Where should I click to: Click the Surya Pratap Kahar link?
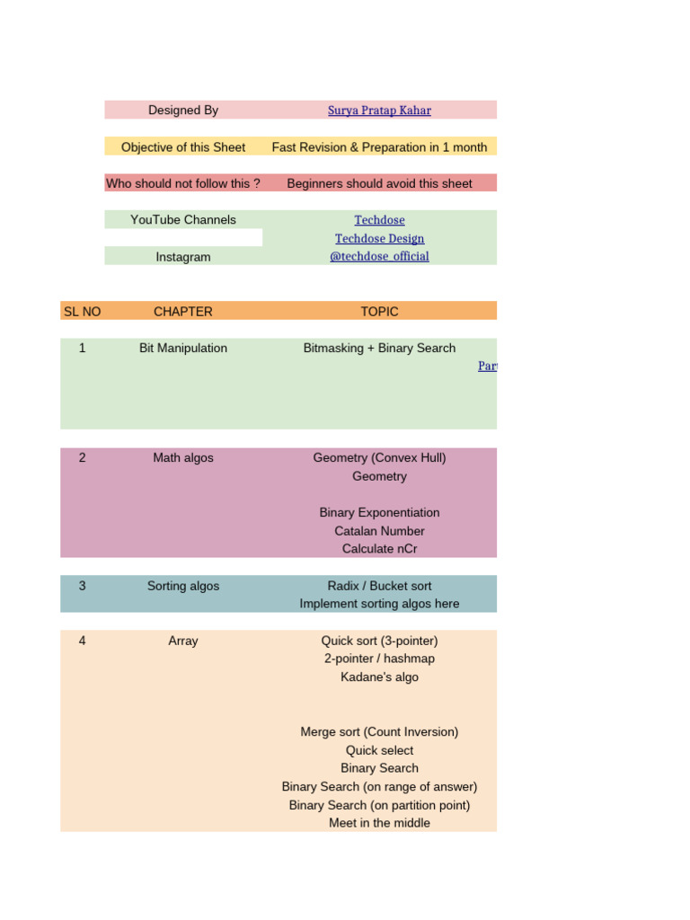point(379,111)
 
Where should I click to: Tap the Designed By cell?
point(183,111)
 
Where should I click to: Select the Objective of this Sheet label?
point(183,147)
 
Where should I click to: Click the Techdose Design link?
point(379,238)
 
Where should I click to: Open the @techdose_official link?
point(379,256)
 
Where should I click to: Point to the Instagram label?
point(183,257)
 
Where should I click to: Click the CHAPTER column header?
point(183,312)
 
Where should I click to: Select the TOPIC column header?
point(379,312)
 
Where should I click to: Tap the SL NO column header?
point(83,312)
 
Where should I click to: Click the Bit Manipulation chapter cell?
point(183,349)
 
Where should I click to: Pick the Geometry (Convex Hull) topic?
point(379,458)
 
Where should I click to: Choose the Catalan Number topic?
point(379,531)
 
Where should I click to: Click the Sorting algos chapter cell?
point(183,586)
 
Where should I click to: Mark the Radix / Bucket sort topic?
point(379,586)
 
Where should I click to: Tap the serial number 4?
point(83,641)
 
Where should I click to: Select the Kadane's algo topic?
point(379,677)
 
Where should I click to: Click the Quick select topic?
point(379,750)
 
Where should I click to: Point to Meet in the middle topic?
point(379,823)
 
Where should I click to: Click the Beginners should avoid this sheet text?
point(379,183)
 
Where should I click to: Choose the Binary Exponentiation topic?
point(379,513)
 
